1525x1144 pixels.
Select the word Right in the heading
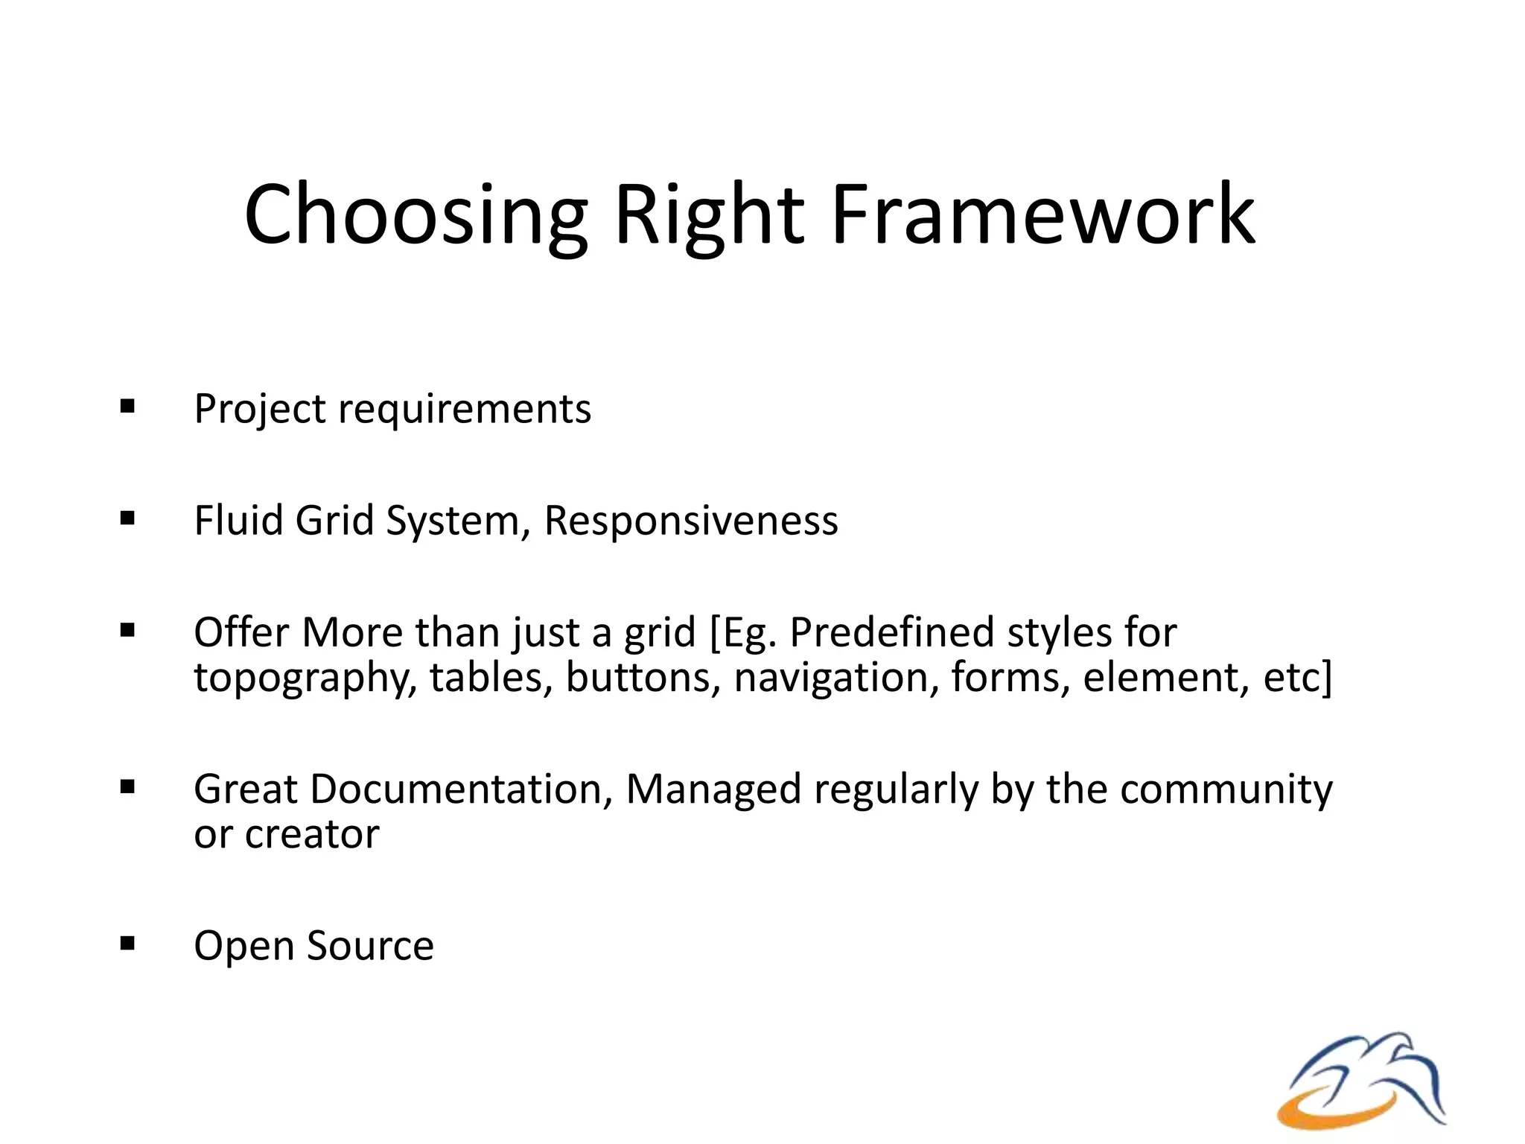coord(708,216)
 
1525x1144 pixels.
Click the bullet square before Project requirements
coord(127,407)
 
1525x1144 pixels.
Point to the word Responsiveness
coord(690,520)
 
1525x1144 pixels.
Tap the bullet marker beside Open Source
coord(127,944)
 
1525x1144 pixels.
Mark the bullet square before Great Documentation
coord(127,787)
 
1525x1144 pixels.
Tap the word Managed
coord(713,790)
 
